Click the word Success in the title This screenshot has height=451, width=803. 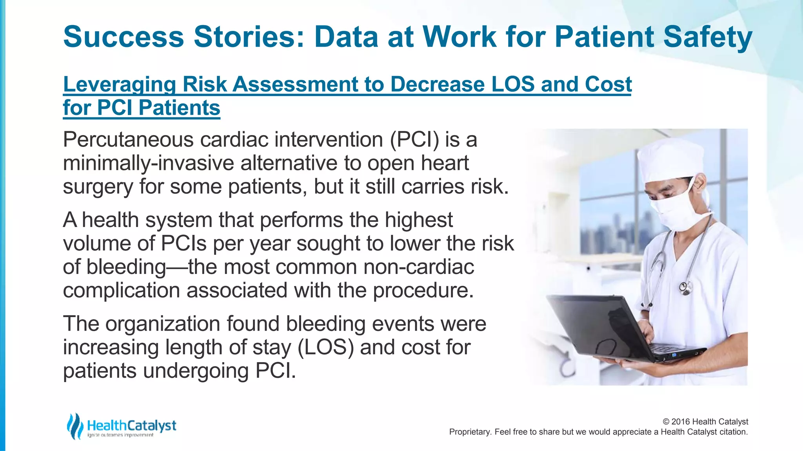point(124,37)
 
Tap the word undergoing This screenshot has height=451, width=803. point(196,371)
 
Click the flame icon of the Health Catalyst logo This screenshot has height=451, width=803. point(74,426)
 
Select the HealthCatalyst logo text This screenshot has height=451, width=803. point(131,425)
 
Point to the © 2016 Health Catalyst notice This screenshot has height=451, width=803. point(705,422)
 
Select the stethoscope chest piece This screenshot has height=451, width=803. point(686,289)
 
